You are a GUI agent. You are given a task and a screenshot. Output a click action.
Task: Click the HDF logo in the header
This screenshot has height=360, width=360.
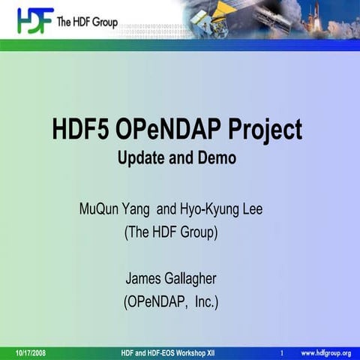coord(34,19)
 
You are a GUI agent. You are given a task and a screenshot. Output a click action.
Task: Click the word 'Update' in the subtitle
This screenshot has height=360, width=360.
coord(142,158)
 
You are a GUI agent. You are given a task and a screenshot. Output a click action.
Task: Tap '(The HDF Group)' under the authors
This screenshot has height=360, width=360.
coord(170,232)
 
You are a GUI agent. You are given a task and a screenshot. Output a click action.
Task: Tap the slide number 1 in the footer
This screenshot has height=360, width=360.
coord(280,352)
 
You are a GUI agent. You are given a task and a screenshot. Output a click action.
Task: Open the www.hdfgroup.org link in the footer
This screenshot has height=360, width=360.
coord(326,352)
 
